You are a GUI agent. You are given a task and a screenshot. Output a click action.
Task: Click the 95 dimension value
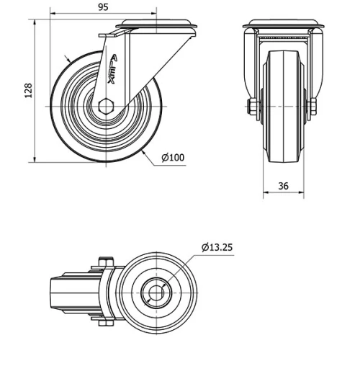tap(103, 7)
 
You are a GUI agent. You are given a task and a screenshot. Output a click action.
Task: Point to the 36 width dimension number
tap(283, 186)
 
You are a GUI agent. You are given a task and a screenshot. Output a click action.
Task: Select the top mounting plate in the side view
tap(155, 27)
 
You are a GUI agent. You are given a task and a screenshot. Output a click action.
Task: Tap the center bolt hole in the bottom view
tap(156, 293)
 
